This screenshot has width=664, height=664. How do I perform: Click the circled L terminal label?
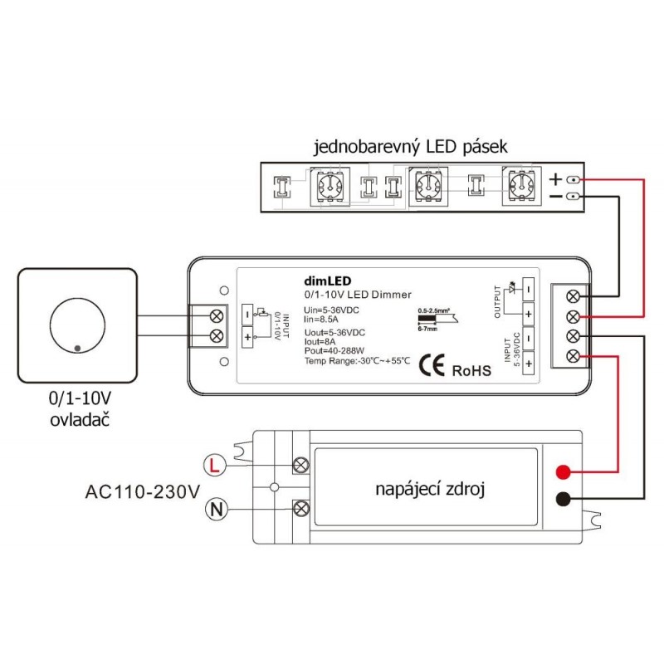[x=214, y=465]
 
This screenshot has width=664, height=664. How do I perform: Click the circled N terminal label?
[x=214, y=507]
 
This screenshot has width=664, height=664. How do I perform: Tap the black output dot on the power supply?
[x=562, y=499]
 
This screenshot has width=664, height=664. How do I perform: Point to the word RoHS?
[x=471, y=369]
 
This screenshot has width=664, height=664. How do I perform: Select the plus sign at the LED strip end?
[x=556, y=179]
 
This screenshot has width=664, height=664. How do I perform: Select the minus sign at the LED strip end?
[x=556, y=197]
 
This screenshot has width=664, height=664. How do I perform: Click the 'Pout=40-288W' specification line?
[x=332, y=352]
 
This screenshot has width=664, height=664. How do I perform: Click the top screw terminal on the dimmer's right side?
[x=574, y=295]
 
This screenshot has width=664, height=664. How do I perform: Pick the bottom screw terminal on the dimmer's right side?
[x=574, y=356]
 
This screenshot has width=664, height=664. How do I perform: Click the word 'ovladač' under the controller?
[x=79, y=419]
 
